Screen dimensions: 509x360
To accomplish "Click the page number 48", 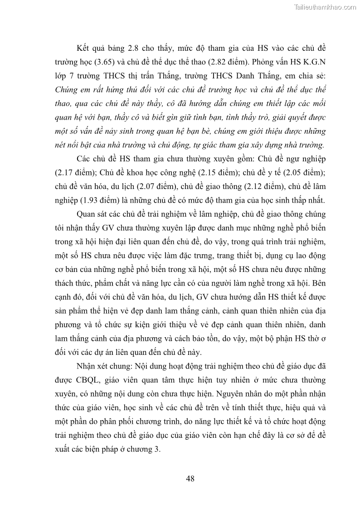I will tap(190, 478).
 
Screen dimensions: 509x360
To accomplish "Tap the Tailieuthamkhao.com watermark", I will tap(325, 7).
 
